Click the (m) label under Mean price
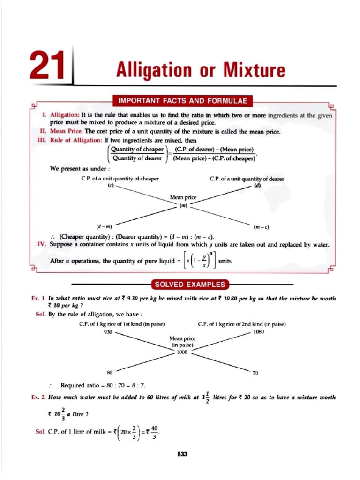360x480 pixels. pos(183,205)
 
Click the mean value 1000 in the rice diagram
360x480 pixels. pos(182,352)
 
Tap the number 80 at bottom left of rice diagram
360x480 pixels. pos(110,373)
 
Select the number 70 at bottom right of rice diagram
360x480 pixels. pos(256,374)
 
